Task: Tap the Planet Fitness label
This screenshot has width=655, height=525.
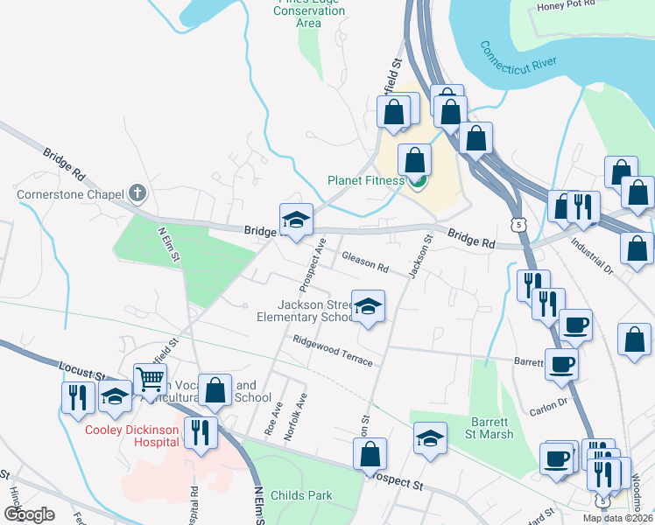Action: [x=365, y=181]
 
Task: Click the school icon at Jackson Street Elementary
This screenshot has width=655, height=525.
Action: [x=368, y=307]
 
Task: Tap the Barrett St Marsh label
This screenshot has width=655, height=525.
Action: [x=489, y=427]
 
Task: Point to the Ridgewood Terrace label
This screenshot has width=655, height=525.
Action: [x=333, y=351]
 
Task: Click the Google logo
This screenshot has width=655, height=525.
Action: [x=29, y=514]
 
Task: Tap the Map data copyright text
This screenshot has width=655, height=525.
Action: [x=617, y=518]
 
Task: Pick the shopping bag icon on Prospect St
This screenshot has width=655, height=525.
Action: [x=370, y=454]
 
